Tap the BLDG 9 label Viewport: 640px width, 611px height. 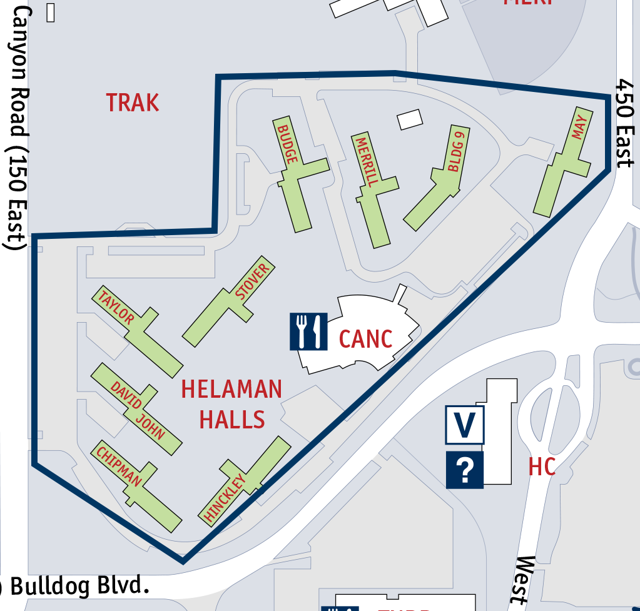(x=455, y=151)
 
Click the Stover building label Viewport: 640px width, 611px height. (x=252, y=281)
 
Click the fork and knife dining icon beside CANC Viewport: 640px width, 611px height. (x=308, y=331)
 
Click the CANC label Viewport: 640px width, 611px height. (x=365, y=339)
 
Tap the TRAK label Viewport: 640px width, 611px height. (x=133, y=103)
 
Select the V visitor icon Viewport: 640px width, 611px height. (x=464, y=425)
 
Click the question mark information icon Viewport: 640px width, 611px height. (x=465, y=470)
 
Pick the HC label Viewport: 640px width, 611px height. (x=542, y=467)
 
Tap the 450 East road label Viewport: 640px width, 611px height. (x=626, y=125)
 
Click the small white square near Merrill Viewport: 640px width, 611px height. (x=410, y=119)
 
